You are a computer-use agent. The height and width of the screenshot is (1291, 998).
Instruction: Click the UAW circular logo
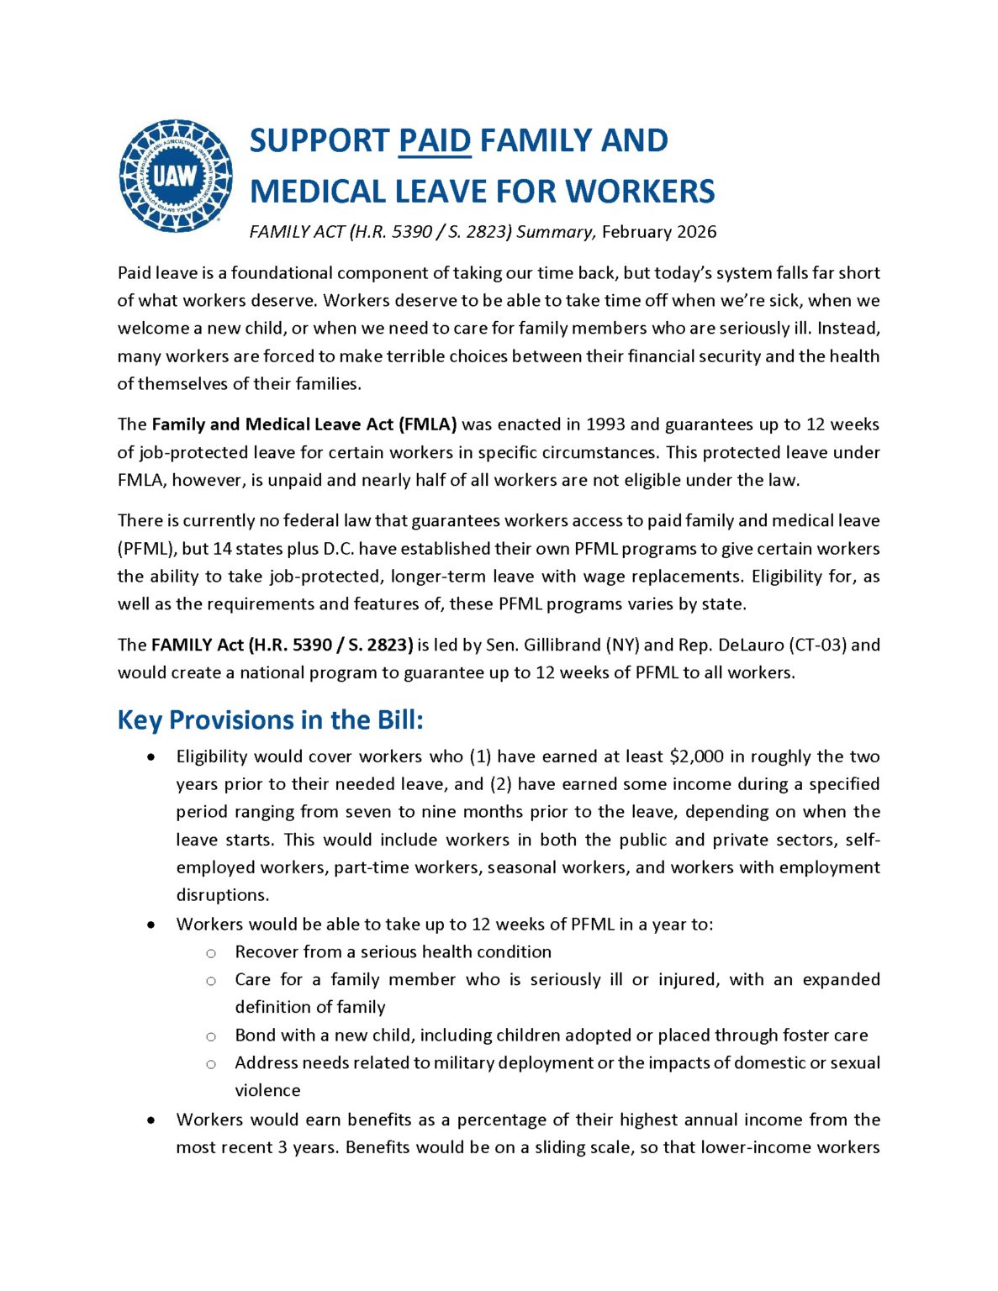[175, 176]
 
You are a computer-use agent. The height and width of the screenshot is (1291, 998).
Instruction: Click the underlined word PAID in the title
[435, 140]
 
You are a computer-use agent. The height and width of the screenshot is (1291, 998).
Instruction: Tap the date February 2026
[659, 232]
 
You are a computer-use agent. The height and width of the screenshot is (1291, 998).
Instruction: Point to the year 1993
[605, 424]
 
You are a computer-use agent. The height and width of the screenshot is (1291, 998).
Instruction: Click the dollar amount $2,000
[696, 756]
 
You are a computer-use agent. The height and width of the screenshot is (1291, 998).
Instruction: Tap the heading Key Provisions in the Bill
[270, 720]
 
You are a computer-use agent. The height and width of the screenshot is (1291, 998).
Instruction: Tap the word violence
[267, 1091]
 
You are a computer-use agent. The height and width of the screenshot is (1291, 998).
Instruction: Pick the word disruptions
[222, 895]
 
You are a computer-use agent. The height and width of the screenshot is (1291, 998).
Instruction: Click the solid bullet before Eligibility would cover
[150, 757]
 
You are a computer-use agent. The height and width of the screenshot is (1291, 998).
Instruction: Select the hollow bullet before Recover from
[211, 953]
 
